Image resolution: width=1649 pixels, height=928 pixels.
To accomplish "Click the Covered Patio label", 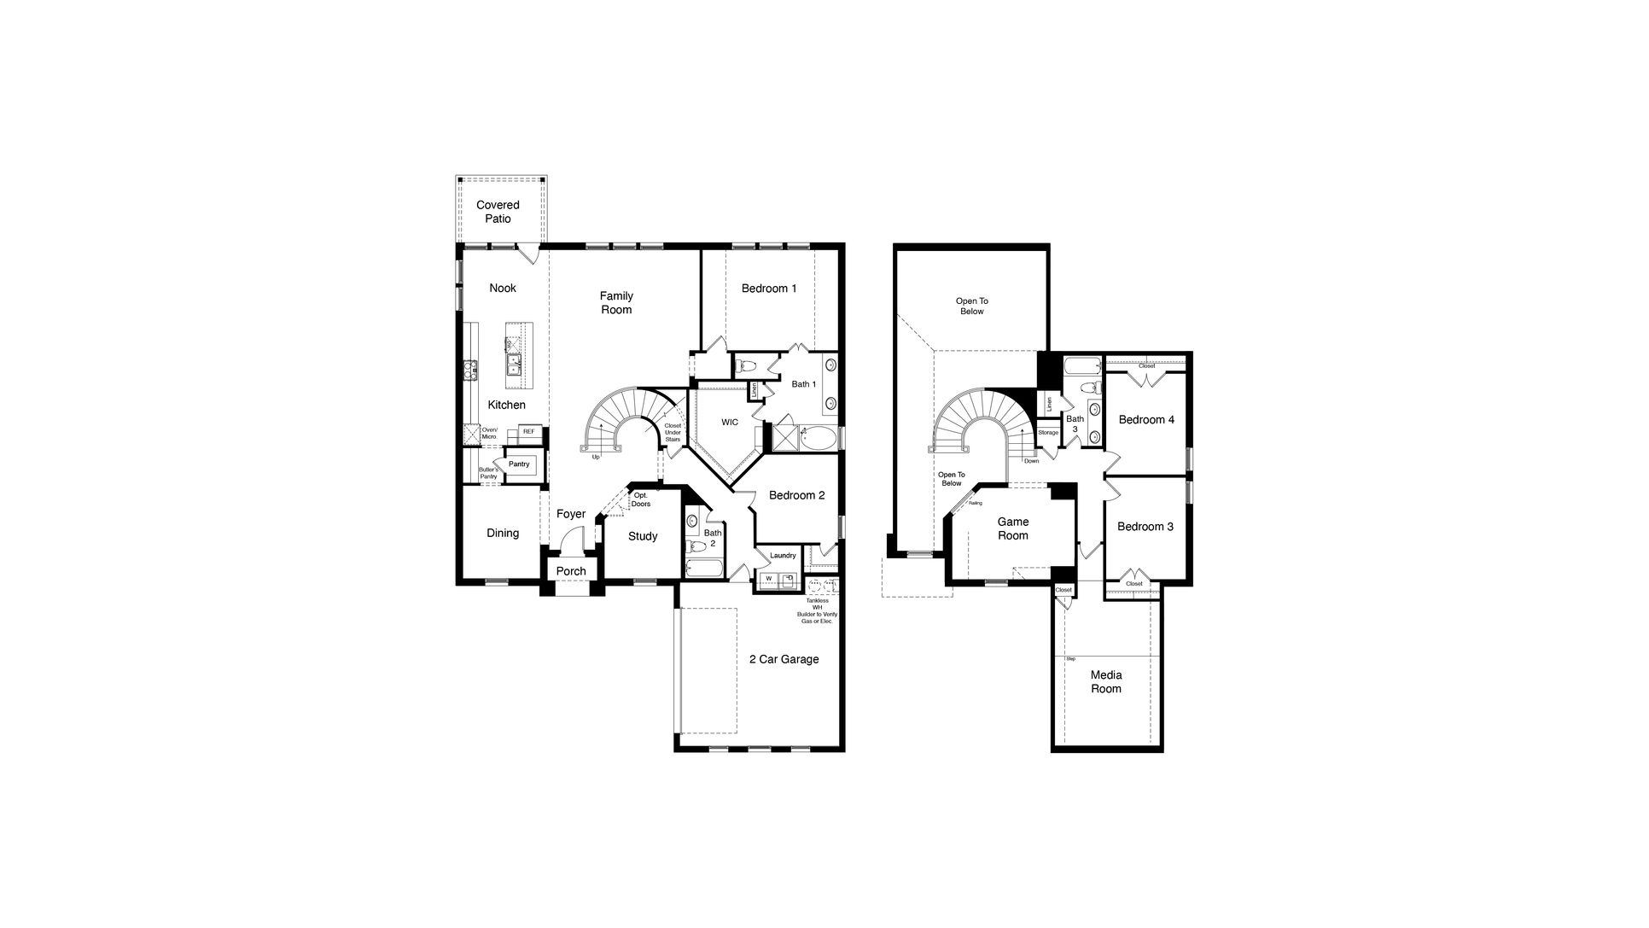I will point(498,212).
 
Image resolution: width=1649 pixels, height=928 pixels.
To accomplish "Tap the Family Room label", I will point(615,303).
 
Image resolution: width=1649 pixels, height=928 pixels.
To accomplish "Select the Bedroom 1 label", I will point(768,289).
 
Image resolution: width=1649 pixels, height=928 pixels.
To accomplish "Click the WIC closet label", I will point(729,423).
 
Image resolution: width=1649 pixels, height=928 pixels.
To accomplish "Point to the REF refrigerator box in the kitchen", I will point(528,432).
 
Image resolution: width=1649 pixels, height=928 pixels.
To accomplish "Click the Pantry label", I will point(519,464).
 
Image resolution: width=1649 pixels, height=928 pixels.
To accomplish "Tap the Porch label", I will point(571,571).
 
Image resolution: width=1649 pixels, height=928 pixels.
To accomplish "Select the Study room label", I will point(643,536).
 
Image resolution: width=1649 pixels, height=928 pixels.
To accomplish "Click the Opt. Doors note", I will point(640,499).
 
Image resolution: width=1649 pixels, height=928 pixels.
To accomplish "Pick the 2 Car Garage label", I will point(784,659).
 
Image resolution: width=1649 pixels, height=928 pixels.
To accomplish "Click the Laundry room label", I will point(782,556).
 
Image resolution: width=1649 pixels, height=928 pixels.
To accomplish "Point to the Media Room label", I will point(1105,682).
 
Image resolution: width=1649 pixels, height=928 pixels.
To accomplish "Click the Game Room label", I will point(1013,528).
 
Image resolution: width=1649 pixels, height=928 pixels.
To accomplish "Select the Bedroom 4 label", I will point(1145,420).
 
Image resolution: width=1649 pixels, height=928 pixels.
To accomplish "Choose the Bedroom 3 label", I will point(1145,527).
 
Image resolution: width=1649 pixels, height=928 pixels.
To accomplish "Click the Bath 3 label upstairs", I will point(1075,424).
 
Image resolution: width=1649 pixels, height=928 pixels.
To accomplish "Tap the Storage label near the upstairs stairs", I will point(1047,433).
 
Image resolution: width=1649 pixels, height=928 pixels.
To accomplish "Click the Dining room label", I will point(502,534).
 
